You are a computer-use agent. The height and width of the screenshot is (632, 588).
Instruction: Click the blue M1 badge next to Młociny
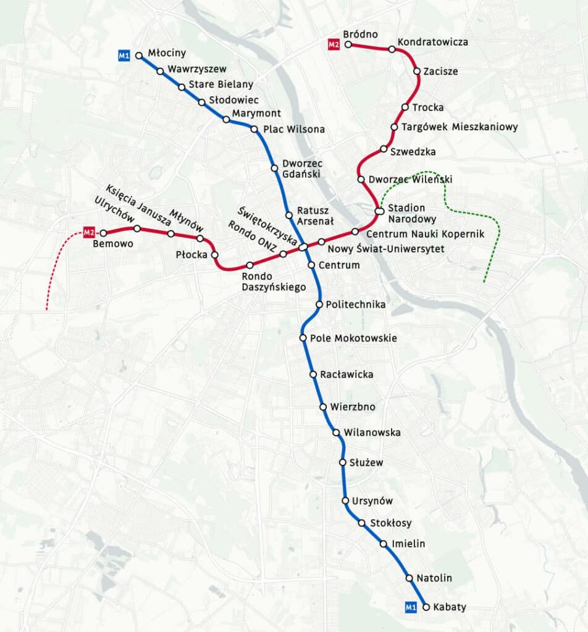click(124, 56)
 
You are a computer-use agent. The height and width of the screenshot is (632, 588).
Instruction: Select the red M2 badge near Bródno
click(334, 44)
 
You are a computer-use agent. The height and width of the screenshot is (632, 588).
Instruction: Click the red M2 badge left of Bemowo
click(89, 233)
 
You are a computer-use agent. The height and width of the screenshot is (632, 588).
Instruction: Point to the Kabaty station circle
click(426, 607)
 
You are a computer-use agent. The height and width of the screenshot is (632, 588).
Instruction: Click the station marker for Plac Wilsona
click(254, 129)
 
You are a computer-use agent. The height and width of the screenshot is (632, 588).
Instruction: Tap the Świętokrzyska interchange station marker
click(303, 247)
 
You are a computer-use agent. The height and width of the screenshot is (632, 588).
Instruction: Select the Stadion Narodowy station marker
click(379, 212)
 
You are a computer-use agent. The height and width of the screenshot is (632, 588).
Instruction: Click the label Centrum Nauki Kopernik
click(425, 234)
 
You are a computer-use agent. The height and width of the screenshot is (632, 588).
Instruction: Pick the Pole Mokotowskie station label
click(353, 338)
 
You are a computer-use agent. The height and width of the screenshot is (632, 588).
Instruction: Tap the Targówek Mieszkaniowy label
click(460, 127)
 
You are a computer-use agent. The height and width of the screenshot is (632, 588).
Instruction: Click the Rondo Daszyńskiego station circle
click(250, 265)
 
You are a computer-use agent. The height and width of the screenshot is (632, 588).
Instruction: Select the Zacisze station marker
click(417, 72)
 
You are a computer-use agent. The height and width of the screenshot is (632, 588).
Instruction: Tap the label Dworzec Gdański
click(301, 168)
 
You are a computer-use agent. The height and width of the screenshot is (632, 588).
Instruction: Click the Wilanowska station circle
click(336, 433)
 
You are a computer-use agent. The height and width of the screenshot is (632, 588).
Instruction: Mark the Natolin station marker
click(409, 578)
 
